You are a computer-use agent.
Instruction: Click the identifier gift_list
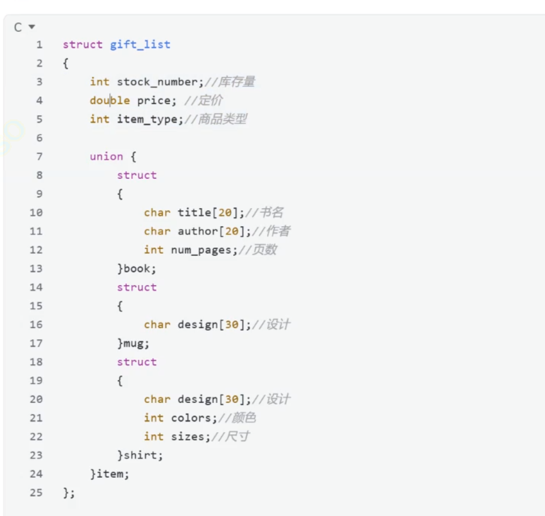point(140,45)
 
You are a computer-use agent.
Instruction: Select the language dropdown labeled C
point(24,27)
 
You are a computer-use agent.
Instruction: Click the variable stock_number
point(157,82)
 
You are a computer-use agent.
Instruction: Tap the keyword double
point(110,101)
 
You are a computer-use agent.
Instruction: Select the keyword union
point(106,157)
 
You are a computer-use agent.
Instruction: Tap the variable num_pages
point(200,250)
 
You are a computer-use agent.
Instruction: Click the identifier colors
point(191,418)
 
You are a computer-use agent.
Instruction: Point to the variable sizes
point(187,437)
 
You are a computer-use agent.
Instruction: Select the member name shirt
point(143,455)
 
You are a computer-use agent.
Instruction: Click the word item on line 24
point(111,474)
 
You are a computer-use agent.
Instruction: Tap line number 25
point(36,493)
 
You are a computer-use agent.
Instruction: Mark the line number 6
point(39,138)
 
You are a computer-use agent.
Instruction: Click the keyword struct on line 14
point(136,287)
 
